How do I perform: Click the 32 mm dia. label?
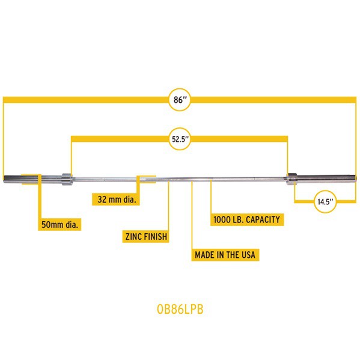pos(116,200)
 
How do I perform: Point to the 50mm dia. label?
pos(59,224)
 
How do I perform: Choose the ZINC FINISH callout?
pos(146,236)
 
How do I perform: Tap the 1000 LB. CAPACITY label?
pos(247,219)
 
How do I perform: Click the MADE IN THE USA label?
pos(225,255)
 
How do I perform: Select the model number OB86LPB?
pos(180,309)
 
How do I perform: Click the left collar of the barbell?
pos(67,179)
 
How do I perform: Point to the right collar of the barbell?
pos(291,179)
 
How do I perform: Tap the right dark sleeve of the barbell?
pos(326,178)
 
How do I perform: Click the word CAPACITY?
pos(263,219)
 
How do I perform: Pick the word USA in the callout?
pos(248,255)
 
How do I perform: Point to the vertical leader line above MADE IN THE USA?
pos(192,215)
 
